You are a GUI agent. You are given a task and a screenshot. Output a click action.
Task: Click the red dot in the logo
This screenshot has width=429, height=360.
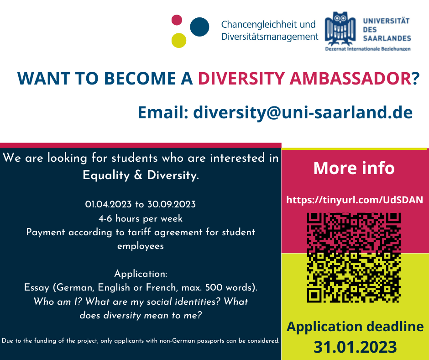[177, 20]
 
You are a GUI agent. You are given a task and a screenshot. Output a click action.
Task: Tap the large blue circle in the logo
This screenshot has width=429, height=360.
[199, 27]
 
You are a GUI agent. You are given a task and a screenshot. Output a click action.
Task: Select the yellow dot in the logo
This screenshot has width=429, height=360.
[179, 40]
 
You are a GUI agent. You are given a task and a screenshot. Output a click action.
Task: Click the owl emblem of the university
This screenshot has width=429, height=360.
[340, 28]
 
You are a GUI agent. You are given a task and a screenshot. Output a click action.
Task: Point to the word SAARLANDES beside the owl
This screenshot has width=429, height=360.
[387, 38]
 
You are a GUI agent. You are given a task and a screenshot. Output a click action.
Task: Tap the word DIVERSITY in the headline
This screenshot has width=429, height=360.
[241, 79]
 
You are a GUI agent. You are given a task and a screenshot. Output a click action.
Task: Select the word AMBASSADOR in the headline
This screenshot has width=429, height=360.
[351, 79]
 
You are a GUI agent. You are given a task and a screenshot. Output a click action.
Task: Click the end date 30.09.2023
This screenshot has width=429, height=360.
[172, 204]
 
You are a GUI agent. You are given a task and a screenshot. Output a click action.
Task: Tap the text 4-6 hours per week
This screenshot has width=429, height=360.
[141, 218]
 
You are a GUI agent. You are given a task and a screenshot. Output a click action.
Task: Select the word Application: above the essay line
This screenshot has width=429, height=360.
[141, 274]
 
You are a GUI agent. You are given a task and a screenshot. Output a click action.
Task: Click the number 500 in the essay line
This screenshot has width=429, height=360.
[214, 287]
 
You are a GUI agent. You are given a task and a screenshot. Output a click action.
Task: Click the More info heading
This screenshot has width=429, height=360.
[354, 168]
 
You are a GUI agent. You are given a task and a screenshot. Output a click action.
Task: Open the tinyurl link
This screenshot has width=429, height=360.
[355, 200]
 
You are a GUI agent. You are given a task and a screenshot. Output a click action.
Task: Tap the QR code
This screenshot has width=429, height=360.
[354, 258]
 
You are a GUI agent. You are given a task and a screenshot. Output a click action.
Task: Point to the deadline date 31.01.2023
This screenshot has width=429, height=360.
[355, 347]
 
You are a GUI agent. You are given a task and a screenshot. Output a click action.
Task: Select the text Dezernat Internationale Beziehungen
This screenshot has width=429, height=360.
[368, 49]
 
